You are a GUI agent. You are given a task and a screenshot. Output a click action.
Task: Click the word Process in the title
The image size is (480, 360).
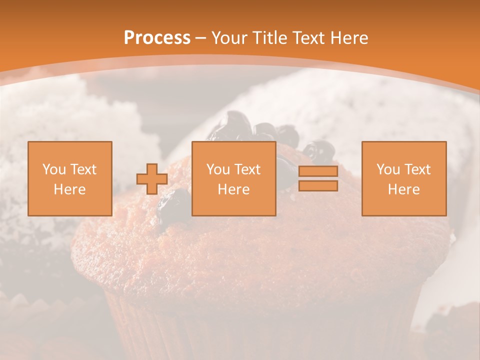point(157,38)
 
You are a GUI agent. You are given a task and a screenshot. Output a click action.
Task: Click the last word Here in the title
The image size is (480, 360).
point(349,38)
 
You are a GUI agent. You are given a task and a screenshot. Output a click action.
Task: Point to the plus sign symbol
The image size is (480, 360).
point(152,179)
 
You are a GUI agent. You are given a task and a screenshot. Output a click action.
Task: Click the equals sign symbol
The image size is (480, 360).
point(318,178)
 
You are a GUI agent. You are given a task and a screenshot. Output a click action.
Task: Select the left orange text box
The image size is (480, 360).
point(70,178)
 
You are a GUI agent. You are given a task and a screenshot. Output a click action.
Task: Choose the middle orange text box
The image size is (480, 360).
point(234,178)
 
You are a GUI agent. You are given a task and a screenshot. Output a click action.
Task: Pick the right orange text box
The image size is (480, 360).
point(404,178)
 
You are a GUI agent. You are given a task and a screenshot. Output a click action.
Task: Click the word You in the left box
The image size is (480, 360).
point(54,169)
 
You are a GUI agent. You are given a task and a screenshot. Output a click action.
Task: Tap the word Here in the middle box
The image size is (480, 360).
point(234,189)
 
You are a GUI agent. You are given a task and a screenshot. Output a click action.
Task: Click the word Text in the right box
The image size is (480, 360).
point(417,169)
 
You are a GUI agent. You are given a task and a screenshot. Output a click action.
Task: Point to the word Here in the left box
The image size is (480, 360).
point(70,189)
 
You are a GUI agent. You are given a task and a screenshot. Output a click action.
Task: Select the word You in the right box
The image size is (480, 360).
point(388,169)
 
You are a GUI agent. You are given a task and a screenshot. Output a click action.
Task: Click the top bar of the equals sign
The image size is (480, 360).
point(318,171)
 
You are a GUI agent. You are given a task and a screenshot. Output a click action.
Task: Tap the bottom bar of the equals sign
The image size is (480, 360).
point(318,185)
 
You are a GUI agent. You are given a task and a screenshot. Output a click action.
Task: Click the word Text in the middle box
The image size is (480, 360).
point(247,169)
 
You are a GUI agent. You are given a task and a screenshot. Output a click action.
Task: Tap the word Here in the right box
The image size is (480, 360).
point(404,189)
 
